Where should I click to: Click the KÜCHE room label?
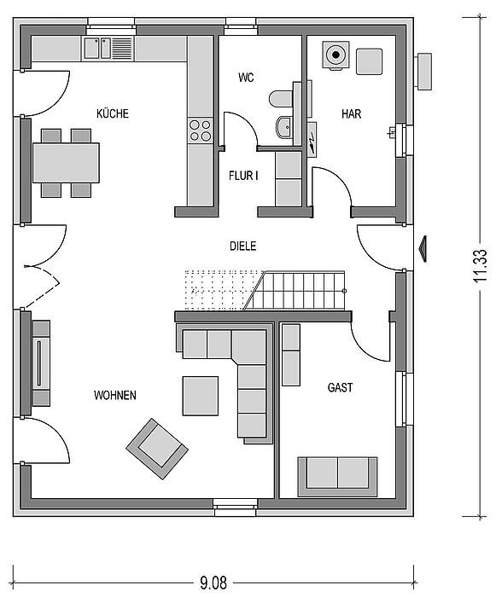(x=113, y=113)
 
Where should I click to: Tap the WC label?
(x=246, y=78)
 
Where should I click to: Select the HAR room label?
(x=351, y=113)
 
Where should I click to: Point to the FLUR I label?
(x=243, y=176)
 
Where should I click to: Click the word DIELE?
(x=242, y=246)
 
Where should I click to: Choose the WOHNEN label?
(x=115, y=395)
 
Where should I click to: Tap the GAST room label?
(x=340, y=387)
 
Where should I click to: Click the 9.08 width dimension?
(x=213, y=583)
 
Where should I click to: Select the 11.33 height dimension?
(x=481, y=265)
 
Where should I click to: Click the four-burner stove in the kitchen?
(x=200, y=130)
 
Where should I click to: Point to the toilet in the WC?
(x=282, y=99)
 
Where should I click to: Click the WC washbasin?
(x=283, y=127)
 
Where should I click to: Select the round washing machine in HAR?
(x=336, y=55)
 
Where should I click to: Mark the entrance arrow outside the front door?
(x=423, y=249)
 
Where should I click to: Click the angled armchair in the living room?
(x=157, y=449)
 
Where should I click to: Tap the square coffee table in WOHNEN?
(x=201, y=396)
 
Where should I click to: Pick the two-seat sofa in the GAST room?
(x=337, y=477)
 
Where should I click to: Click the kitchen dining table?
(x=66, y=163)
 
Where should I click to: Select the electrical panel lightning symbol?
(x=312, y=139)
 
